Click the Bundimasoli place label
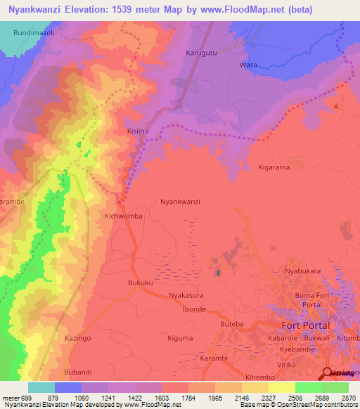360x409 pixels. [x=37, y=33]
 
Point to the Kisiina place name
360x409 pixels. [x=138, y=131]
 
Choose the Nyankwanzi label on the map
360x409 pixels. [x=181, y=201]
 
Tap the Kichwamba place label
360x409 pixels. [x=124, y=216]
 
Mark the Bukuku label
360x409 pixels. [x=141, y=283]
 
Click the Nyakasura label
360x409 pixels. [x=186, y=297]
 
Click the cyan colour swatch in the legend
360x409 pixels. [x=41, y=387]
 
